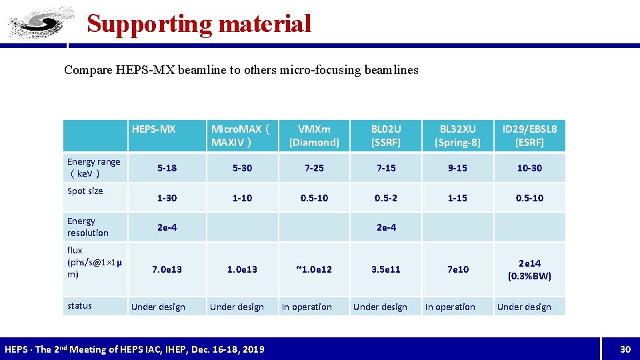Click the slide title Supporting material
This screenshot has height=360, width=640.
click(x=199, y=24)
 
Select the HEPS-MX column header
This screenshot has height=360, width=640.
click(x=154, y=129)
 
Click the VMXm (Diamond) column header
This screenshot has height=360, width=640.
click(x=314, y=135)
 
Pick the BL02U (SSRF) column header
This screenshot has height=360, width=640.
click(x=386, y=135)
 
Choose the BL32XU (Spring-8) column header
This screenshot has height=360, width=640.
click(x=457, y=135)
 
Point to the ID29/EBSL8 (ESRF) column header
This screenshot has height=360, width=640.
click(x=530, y=135)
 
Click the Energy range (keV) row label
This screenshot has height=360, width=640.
click(x=93, y=167)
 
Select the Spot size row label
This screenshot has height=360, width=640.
click(x=85, y=191)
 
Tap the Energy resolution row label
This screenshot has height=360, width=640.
click(x=87, y=227)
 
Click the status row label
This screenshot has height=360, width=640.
click(x=79, y=306)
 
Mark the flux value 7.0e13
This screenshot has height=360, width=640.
click(x=167, y=269)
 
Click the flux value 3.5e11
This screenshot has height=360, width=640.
click(x=386, y=269)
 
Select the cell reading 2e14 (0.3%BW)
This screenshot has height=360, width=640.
click(x=529, y=269)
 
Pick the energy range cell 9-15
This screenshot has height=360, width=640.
click(x=457, y=168)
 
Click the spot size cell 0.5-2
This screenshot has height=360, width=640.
click(x=386, y=198)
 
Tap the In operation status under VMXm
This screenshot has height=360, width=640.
click(x=307, y=307)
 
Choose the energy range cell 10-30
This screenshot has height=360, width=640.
click(x=530, y=168)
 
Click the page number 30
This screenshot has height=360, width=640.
click(x=625, y=349)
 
